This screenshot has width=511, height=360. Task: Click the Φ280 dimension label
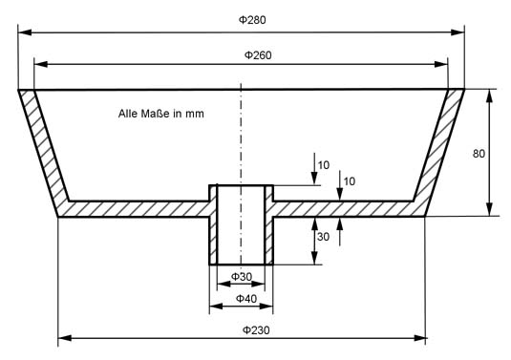[252, 20]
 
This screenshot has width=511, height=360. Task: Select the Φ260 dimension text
[258, 55]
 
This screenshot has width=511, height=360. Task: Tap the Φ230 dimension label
[256, 330]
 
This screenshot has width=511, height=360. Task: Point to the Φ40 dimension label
[246, 299]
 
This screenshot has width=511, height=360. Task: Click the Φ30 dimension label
[242, 277]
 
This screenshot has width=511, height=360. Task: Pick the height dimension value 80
[479, 154]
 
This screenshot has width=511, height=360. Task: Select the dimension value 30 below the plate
[323, 237]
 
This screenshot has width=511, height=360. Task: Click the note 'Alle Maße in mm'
[161, 114]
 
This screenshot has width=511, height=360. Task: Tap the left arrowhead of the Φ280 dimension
[25, 32]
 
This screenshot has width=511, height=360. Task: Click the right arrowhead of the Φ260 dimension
[441, 64]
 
